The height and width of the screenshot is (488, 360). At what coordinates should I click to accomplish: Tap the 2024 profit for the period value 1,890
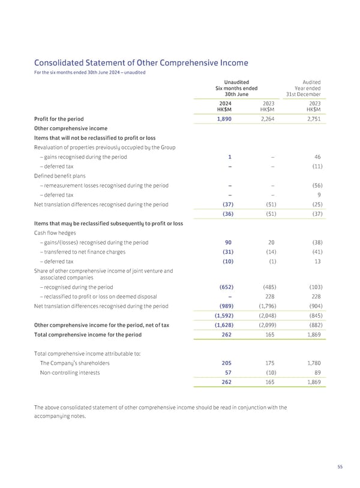[223, 119]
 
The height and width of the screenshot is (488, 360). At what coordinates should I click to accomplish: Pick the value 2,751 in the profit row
[311, 119]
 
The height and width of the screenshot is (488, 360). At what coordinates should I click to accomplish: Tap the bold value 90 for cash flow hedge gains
[228, 243]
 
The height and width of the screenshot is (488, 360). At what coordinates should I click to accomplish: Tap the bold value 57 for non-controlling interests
[228, 372]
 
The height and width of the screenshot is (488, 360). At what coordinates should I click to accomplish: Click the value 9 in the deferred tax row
[319, 195]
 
